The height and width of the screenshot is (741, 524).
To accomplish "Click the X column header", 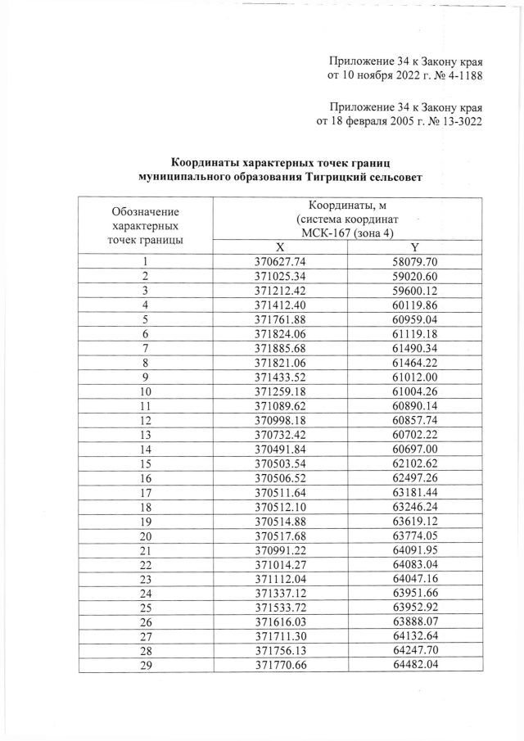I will click(280, 247).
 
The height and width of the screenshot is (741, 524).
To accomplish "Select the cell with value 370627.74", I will click(280, 262).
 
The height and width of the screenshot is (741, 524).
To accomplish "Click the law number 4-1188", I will click(458, 76).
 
